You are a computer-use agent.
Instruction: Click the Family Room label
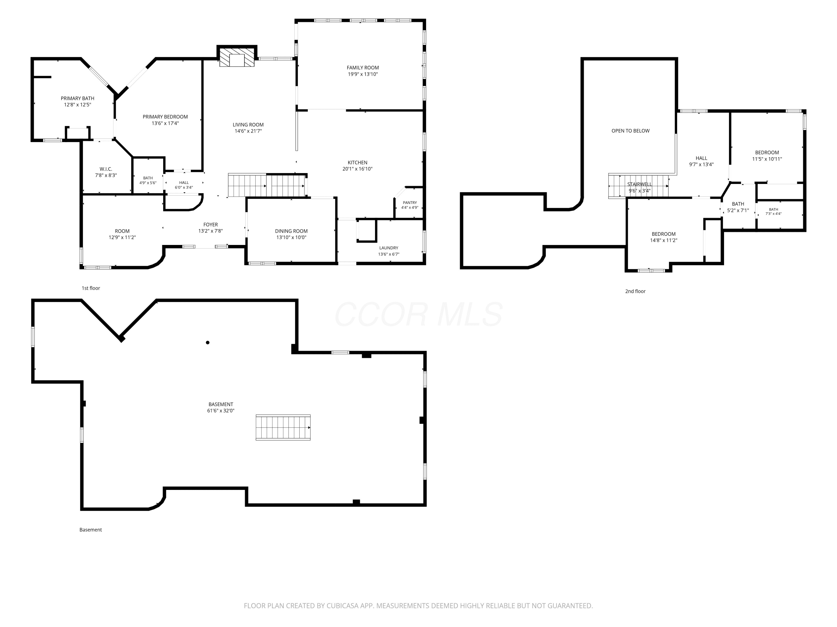362,68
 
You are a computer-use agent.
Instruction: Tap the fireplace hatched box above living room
237,57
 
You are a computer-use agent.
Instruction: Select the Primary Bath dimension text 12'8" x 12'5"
78,105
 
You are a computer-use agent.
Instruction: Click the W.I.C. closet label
106,169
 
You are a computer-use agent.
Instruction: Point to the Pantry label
410,203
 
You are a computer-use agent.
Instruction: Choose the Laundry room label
389,248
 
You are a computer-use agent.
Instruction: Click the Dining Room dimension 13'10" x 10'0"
291,237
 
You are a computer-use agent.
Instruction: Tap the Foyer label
211,225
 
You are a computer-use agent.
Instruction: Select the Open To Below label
630,131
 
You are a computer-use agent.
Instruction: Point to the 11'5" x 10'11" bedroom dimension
767,159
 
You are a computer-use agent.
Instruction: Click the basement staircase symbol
283,427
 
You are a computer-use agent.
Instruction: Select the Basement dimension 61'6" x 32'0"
221,411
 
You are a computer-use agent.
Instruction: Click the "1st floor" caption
91,288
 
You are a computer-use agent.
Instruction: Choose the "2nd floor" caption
635,291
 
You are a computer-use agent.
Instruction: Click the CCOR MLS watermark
419,314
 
